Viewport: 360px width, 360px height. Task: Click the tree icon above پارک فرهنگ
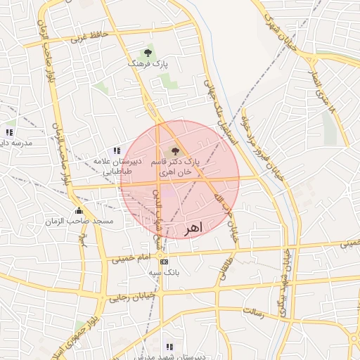(x=148, y=53)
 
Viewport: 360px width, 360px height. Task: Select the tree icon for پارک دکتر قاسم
(x=174, y=150)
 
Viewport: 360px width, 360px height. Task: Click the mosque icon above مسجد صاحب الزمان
(x=78, y=210)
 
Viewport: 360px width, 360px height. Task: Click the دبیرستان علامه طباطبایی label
(x=118, y=166)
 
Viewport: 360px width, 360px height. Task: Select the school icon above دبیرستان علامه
(x=117, y=150)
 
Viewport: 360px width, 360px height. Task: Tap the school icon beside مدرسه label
(x=9, y=131)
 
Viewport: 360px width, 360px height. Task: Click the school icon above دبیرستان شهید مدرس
(x=169, y=347)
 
